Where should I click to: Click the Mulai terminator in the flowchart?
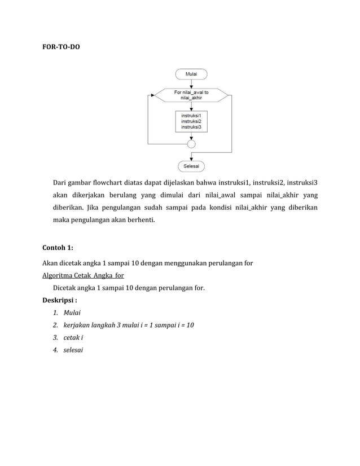191,73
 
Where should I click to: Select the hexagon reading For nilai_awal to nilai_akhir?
191,95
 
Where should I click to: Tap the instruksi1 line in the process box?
191,115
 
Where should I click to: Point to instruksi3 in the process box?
191,127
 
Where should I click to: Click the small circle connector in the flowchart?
191,145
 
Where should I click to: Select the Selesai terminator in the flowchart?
191,166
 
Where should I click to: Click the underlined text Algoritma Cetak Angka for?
84,275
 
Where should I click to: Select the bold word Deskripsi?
58,300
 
